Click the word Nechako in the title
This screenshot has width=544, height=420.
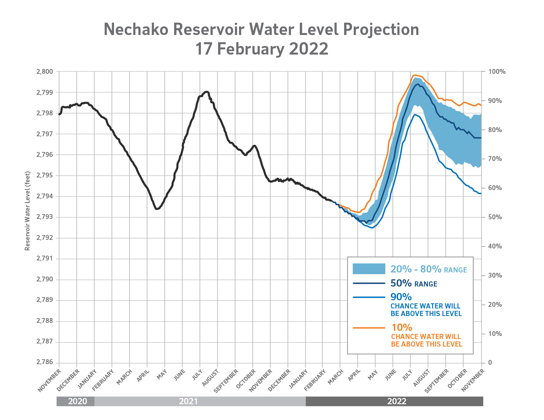coord(136,30)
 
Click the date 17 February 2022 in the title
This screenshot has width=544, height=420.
coord(262,49)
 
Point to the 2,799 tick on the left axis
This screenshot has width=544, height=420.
coord(45,93)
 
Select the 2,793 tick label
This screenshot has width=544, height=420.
coord(45,217)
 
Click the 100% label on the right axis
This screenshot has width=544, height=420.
coord(497,72)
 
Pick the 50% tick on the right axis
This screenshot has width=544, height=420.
coord(495,217)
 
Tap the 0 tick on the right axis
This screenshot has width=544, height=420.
coord(490,363)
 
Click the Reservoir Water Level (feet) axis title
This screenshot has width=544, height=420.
coord(27,211)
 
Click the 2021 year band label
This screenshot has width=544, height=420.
coord(188,401)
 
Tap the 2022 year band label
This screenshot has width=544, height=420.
coord(397,401)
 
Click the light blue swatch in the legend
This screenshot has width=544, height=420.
coord(369,269)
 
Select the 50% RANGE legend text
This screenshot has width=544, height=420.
coord(413,283)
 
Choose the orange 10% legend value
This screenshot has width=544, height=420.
coord(402,328)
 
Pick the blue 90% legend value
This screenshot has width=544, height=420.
coord(401,297)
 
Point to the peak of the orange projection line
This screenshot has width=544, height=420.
coord(415,75)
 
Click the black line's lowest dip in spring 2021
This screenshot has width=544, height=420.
coord(157,209)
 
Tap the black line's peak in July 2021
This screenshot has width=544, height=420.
coord(206,92)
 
